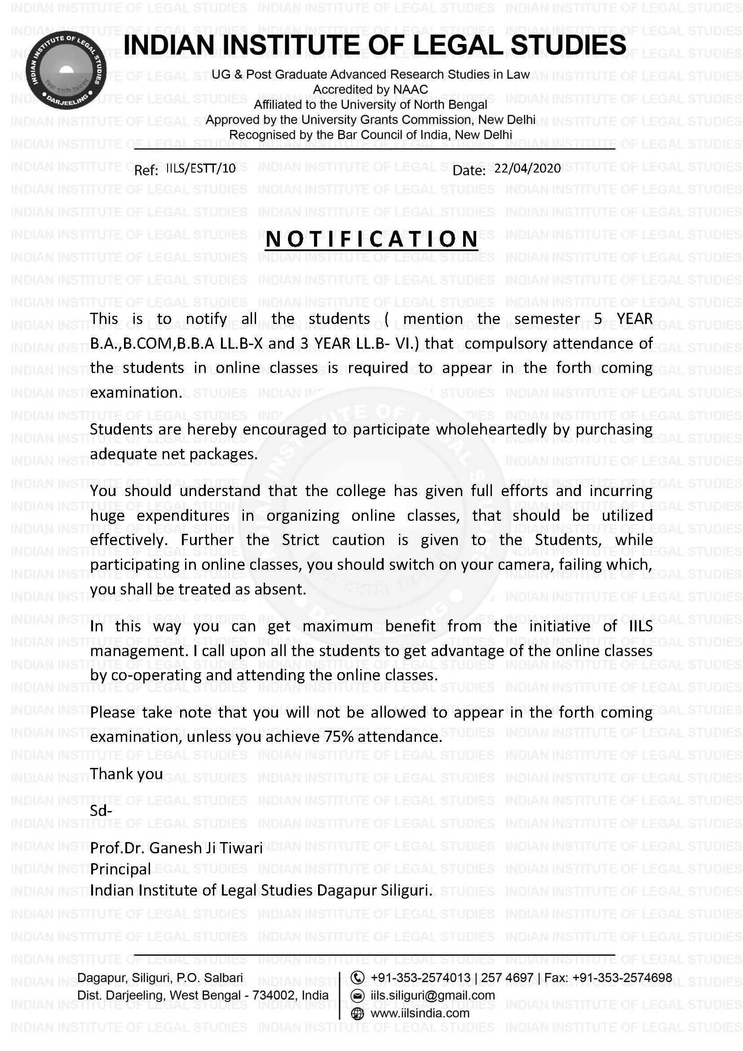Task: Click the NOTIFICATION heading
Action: point(371,239)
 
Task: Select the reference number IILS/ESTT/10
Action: point(201,169)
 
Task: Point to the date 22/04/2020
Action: point(527,169)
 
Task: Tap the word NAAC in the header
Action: point(411,90)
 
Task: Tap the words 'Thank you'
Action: point(126,774)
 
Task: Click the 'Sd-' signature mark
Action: point(101,811)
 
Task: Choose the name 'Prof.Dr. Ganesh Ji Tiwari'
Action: point(176,848)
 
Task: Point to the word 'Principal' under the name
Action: point(120,869)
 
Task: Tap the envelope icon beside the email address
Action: point(357,996)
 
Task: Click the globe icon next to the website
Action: point(357,1013)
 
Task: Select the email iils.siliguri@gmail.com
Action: point(433,996)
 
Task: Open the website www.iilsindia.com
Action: point(420,1013)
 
